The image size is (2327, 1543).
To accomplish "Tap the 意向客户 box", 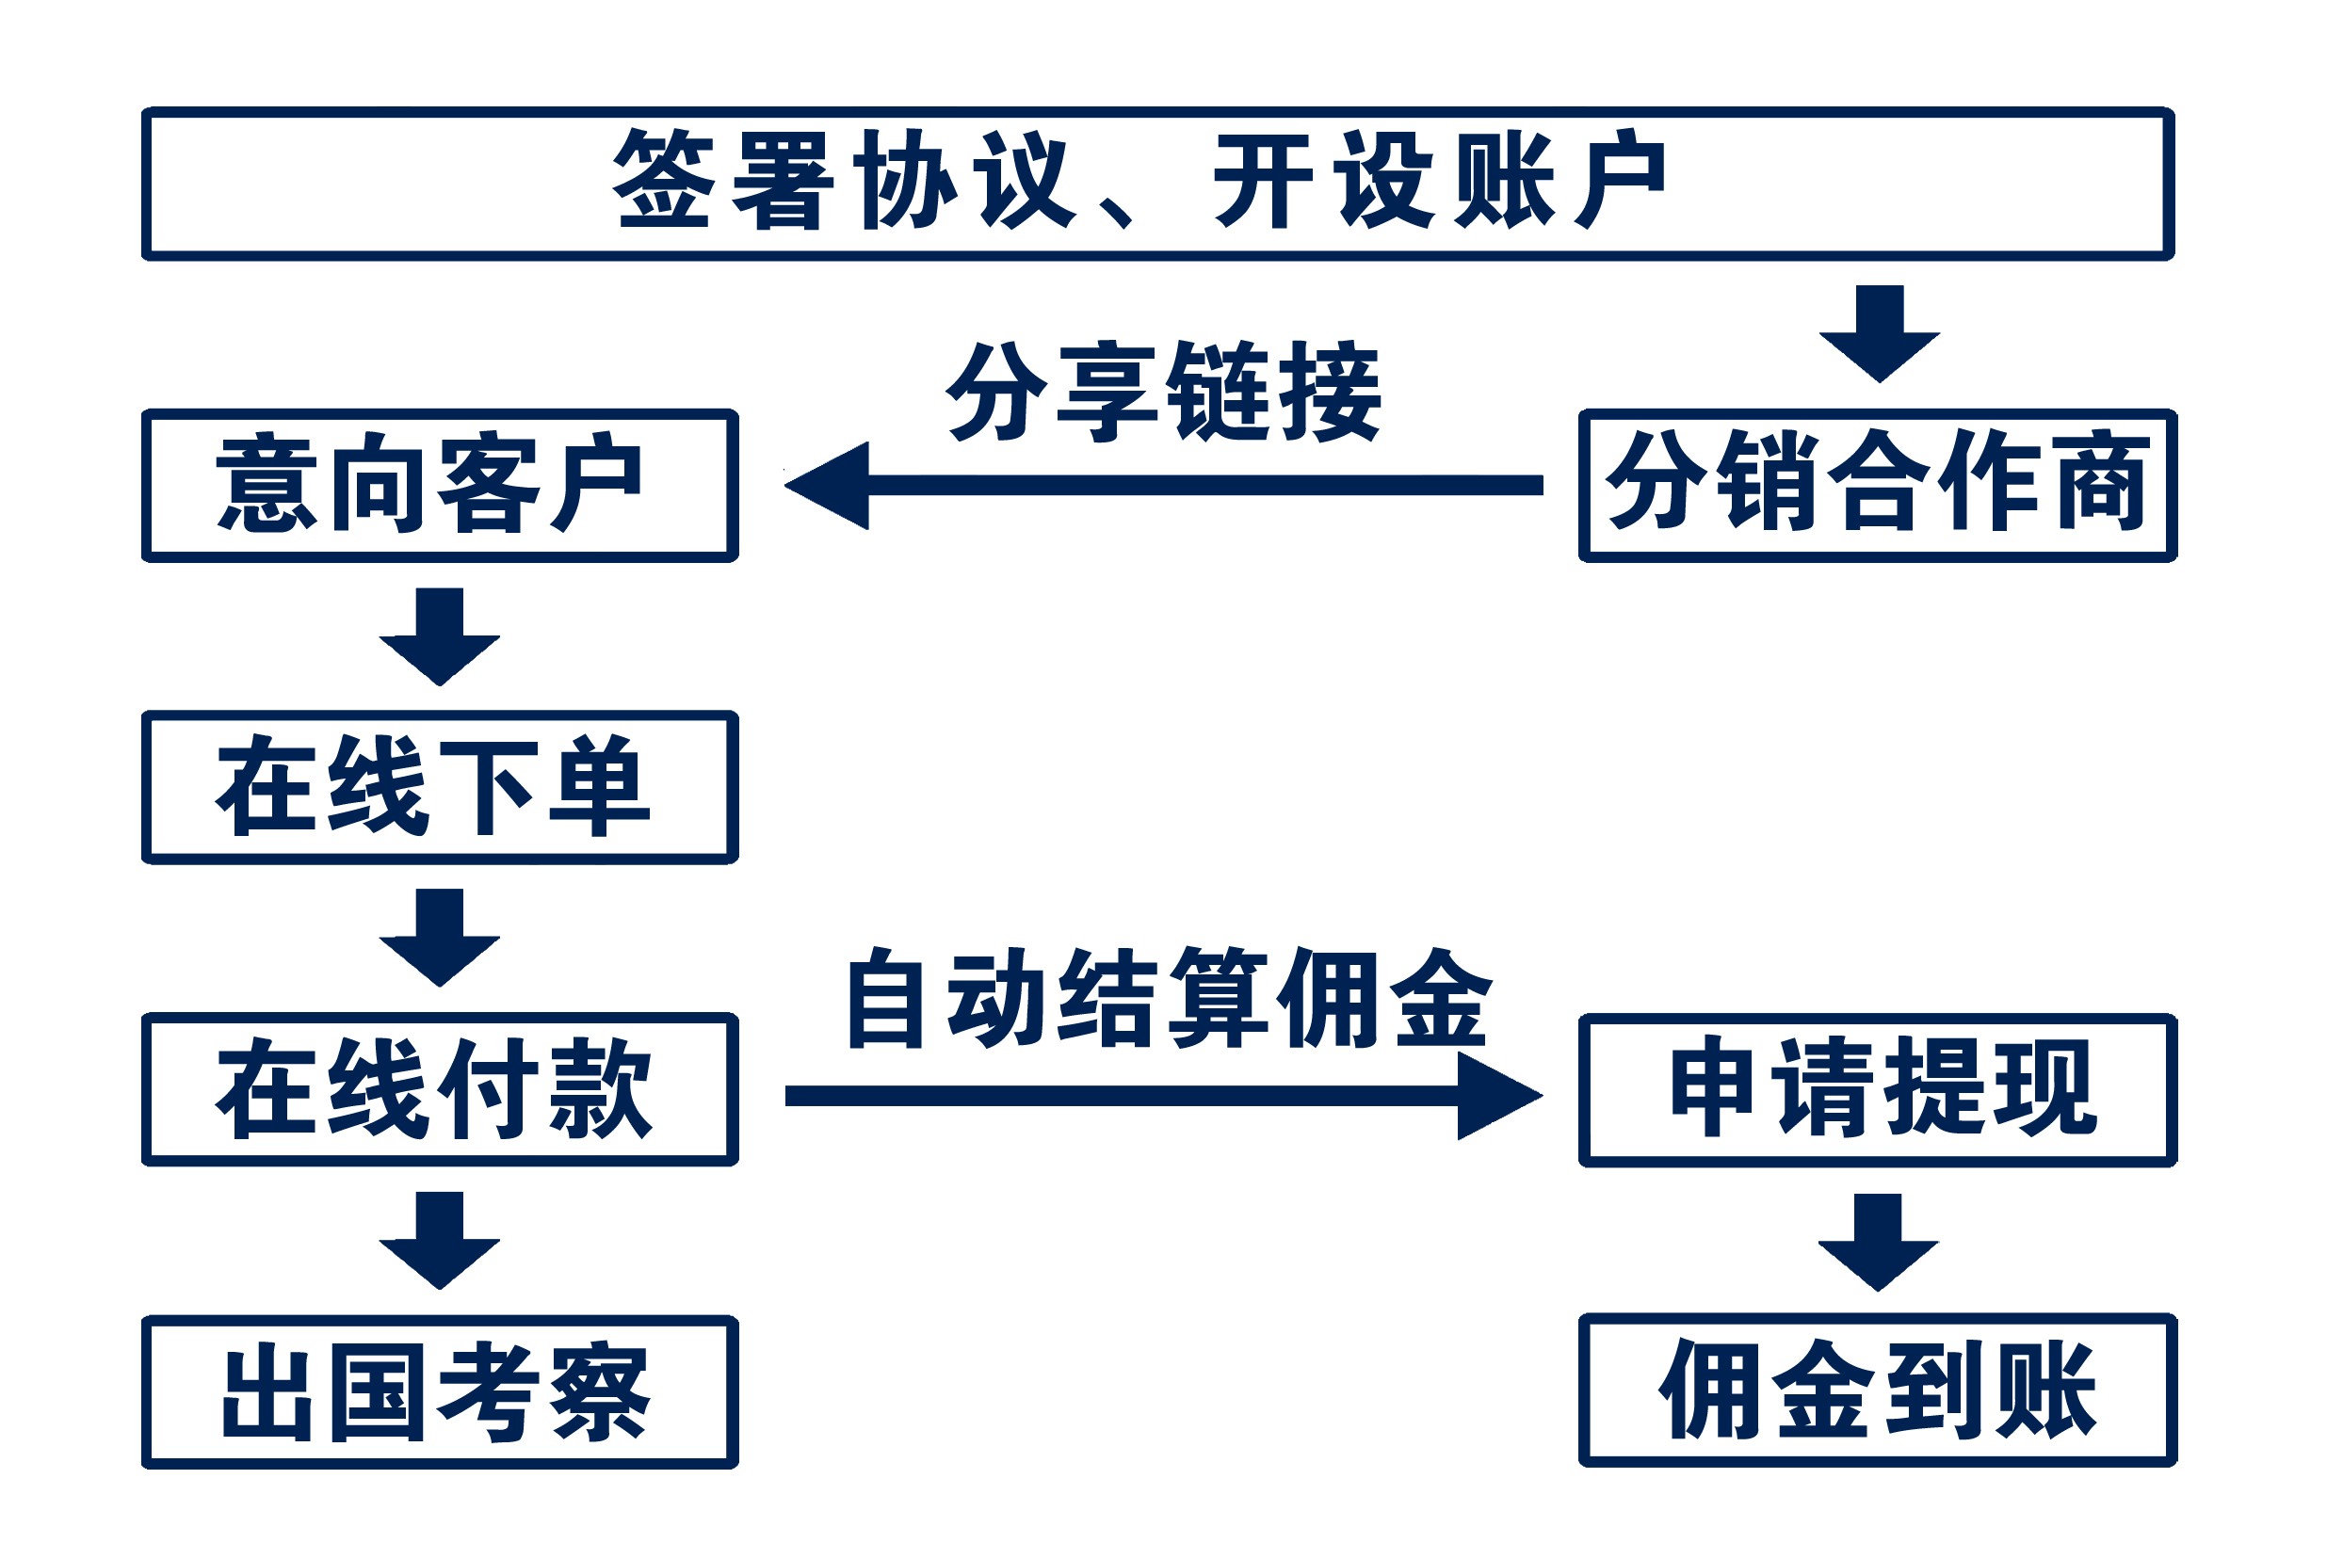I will pyautogui.click(x=439, y=485).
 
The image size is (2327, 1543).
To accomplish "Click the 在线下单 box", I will pyautogui.click(x=439, y=787).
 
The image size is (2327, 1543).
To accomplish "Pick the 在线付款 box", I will pyautogui.click(x=439, y=1089).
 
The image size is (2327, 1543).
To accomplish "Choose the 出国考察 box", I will pyautogui.click(x=439, y=1391).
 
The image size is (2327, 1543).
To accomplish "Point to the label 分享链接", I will pyautogui.click(x=1164, y=392).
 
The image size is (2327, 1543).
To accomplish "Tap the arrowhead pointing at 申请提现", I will pyautogui.click(x=1495, y=1095).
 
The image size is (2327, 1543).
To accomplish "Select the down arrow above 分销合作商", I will pyautogui.click(x=1879, y=334).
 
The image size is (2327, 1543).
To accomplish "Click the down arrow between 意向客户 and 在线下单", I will pyautogui.click(x=439, y=636).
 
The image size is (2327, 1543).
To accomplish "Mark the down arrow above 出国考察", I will pyautogui.click(x=439, y=1241).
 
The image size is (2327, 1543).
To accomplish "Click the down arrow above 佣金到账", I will pyautogui.click(x=1878, y=1242).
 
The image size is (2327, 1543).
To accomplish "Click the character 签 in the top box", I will pyautogui.click(x=664, y=179).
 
